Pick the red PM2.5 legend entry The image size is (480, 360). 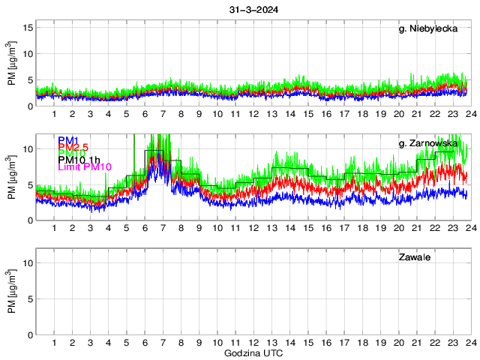click(x=73, y=147)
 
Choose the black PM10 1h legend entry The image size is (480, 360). click(x=79, y=159)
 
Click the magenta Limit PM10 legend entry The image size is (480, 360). click(x=84, y=166)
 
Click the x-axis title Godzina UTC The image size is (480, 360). click(x=253, y=352)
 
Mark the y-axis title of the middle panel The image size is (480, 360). click(x=12, y=178)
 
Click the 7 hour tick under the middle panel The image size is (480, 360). click(x=163, y=228)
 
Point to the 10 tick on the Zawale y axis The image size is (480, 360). click(x=28, y=263)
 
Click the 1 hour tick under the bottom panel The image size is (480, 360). click(x=54, y=343)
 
